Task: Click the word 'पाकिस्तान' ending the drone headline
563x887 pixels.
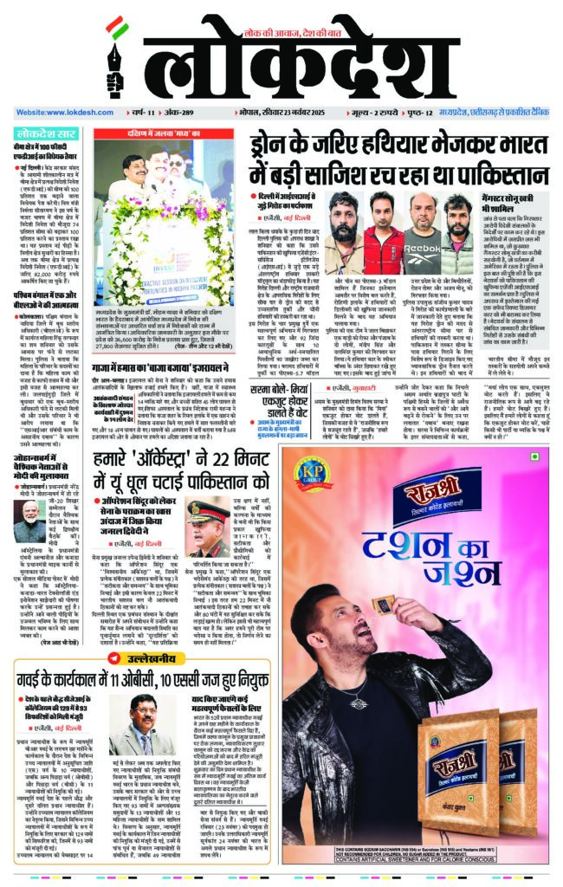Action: pos(497,171)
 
